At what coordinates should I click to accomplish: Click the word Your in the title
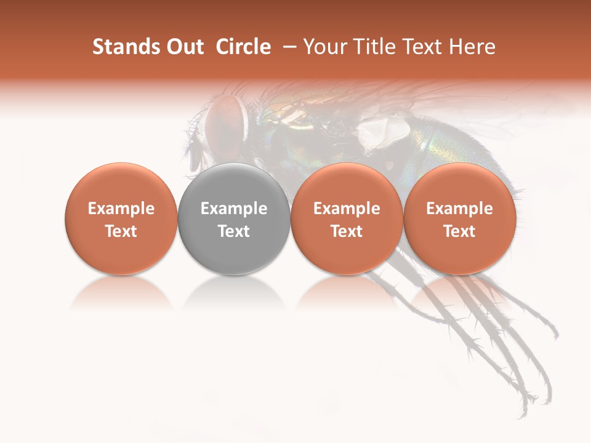(x=323, y=47)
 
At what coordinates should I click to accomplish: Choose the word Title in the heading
(x=370, y=47)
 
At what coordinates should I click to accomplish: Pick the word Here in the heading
(x=473, y=47)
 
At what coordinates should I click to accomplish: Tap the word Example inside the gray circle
(x=234, y=209)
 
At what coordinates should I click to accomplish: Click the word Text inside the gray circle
(x=234, y=231)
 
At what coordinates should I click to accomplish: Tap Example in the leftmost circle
(x=121, y=209)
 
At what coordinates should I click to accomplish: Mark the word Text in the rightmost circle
(x=460, y=231)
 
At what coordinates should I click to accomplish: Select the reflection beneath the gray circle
(x=234, y=292)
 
